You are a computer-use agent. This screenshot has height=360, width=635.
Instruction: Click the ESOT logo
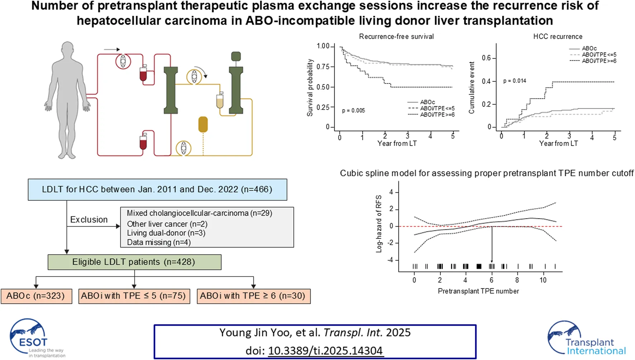[37, 338]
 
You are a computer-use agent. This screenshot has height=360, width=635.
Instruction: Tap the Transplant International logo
[587, 338]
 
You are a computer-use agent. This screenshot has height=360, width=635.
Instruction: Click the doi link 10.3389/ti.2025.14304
[325, 350]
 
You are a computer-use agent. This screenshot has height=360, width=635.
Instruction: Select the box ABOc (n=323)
[36, 296]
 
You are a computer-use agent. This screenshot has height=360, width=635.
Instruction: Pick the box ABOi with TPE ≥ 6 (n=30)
[253, 296]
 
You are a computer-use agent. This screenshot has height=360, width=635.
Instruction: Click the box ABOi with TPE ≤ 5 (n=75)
[134, 296]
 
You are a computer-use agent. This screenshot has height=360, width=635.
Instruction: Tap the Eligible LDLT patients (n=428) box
[134, 262]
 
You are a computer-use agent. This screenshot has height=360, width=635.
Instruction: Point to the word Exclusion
[89, 220]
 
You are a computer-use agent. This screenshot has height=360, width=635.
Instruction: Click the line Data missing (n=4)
[159, 242]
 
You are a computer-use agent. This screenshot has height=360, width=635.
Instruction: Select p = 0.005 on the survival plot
[353, 111]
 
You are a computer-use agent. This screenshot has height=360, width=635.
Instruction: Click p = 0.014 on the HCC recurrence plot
[515, 81]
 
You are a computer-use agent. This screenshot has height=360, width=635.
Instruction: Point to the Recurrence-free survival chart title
[396, 37]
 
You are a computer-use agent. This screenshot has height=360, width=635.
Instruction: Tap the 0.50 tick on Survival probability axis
[323, 87]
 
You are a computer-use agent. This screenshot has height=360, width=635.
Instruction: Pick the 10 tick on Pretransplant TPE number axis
[543, 280]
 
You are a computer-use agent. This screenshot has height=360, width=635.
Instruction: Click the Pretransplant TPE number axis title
[478, 291]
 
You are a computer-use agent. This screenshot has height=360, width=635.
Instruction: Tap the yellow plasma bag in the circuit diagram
[203, 124]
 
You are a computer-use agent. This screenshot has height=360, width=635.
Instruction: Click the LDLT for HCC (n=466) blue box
[157, 189]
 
